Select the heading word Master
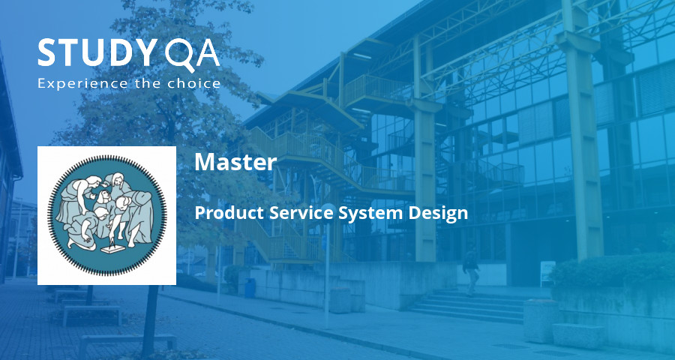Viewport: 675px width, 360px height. click(235, 162)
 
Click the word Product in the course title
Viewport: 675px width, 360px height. click(223, 213)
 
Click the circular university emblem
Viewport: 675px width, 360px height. click(106, 215)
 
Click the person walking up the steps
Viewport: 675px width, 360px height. click(470, 270)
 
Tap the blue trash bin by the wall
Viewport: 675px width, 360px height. click(250, 288)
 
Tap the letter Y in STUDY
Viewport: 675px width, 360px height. click(140, 53)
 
